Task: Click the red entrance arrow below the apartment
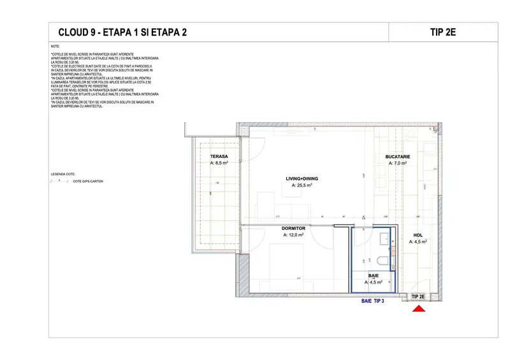point(419,309)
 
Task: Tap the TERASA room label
point(219,156)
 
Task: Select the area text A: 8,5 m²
point(220,163)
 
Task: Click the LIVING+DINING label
point(302,178)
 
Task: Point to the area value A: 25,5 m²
point(302,186)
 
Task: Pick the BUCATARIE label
point(397,156)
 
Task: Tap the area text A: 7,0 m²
point(398,163)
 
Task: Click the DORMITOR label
point(294,228)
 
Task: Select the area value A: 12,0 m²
point(293,235)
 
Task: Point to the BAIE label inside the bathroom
point(374,276)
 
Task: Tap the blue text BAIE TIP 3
point(373,300)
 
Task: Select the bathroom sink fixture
point(384,240)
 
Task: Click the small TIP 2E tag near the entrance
point(419,297)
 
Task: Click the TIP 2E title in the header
point(442,32)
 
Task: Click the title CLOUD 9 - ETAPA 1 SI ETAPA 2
point(122,32)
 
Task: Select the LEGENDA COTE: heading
point(63,173)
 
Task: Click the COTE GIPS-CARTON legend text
point(88,182)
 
